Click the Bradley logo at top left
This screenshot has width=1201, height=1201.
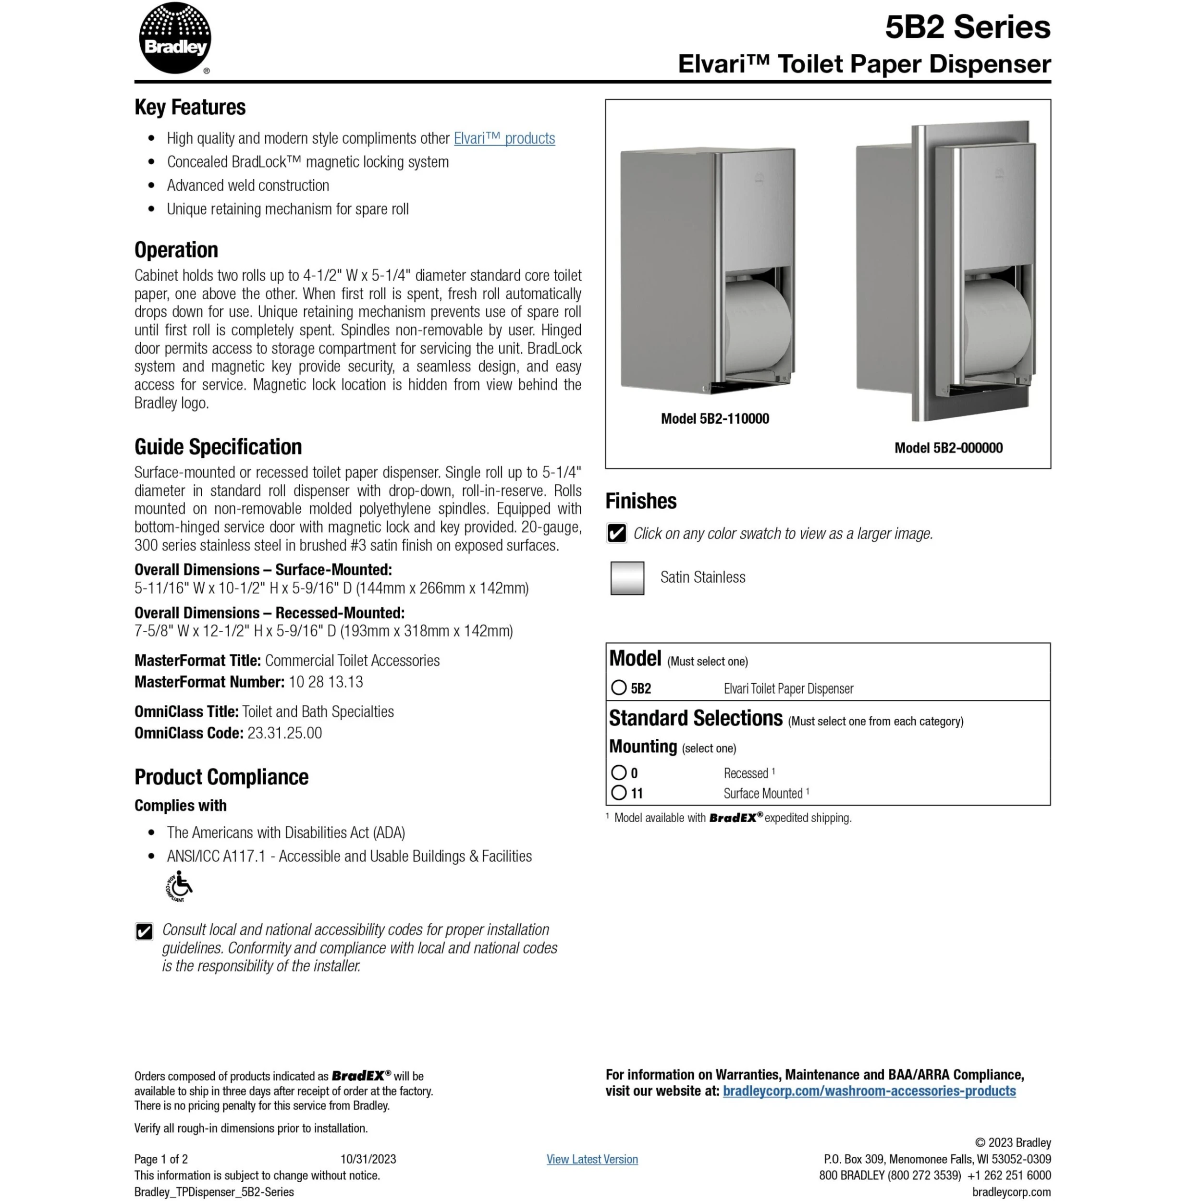(x=175, y=38)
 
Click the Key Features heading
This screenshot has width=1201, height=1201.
(x=190, y=107)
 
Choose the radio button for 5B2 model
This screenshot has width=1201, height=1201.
(x=619, y=687)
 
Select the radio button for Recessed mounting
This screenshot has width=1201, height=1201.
(x=619, y=772)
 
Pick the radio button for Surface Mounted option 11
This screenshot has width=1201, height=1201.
(x=619, y=792)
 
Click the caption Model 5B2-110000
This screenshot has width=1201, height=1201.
(x=714, y=418)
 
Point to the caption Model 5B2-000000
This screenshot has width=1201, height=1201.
(x=948, y=448)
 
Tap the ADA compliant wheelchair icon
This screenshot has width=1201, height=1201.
(x=179, y=885)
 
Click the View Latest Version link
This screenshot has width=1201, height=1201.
(x=592, y=1159)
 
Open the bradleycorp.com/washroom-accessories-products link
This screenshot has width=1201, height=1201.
(x=869, y=1091)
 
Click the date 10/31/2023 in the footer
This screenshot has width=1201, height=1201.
(x=368, y=1159)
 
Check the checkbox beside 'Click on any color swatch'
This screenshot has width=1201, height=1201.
(x=617, y=533)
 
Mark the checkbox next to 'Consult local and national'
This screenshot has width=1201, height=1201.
(x=144, y=931)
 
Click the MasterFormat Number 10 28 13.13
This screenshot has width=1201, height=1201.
(x=326, y=682)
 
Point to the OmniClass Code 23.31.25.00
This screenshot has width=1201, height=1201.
(x=285, y=733)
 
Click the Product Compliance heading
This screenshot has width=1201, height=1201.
(x=221, y=776)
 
